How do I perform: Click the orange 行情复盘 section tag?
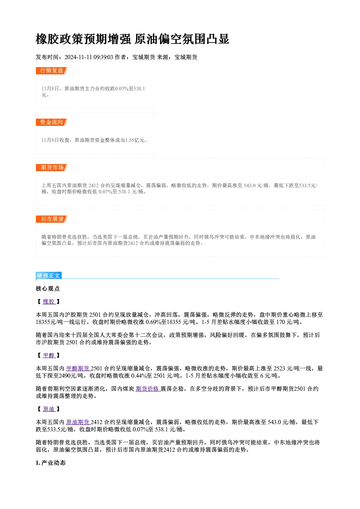(x=52, y=71)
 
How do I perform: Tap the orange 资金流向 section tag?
(x=52, y=122)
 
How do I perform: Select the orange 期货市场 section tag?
(x=52, y=168)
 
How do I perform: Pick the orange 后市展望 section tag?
(x=52, y=219)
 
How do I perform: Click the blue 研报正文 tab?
(x=49, y=276)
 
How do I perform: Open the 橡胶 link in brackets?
(x=49, y=301)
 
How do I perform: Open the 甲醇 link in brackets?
(x=49, y=355)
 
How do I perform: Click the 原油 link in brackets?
(x=49, y=409)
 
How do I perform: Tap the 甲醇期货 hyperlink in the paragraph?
(x=78, y=368)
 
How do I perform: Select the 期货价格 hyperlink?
(x=148, y=389)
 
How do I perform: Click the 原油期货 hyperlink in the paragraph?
(x=78, y=422)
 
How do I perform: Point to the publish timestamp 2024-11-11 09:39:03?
(x=89, y=57)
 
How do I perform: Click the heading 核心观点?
(x=48, y=289)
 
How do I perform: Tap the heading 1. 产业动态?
(x=51, y=463)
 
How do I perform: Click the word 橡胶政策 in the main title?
(x=60, y=39)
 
